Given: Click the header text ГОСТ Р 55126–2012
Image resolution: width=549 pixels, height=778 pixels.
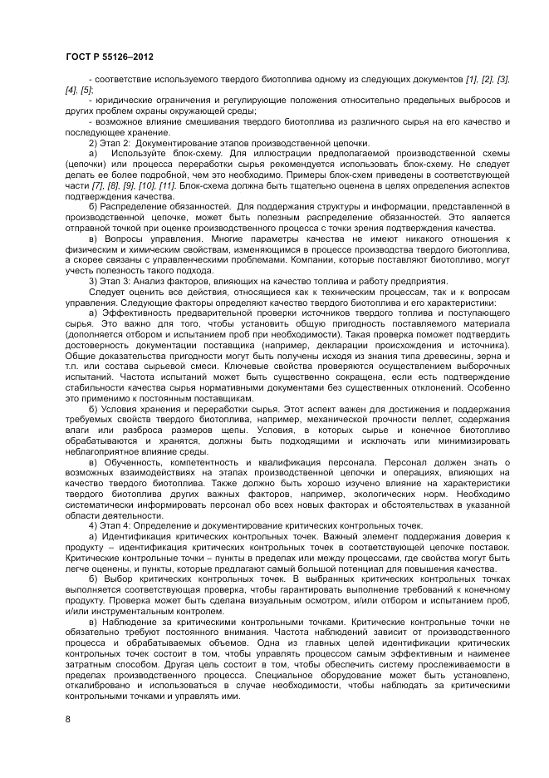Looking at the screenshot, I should (x=109, y=57).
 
